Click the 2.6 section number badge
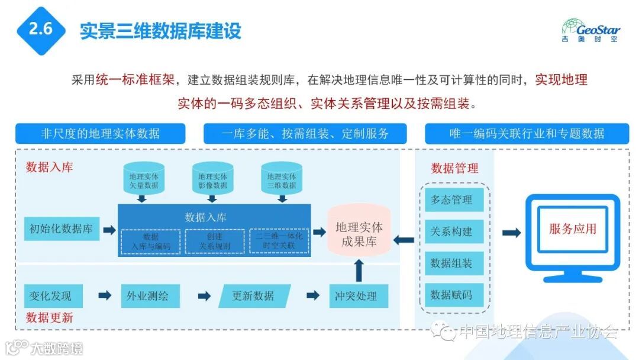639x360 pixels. tap(41, 30)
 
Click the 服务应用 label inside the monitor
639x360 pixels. tap(573, 229)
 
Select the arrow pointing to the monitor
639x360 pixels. tap(511, 233)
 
